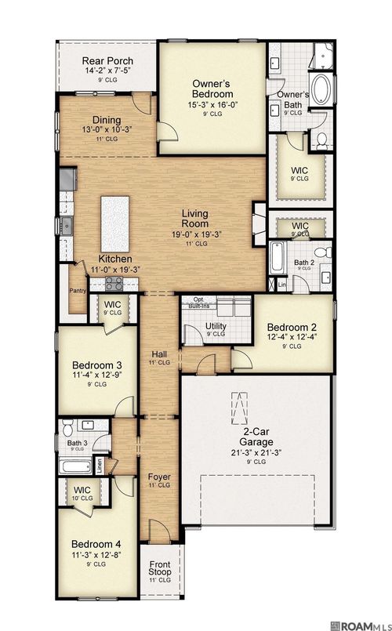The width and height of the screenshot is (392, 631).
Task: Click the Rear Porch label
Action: (109, 61)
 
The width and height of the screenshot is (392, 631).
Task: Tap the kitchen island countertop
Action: (114, 220)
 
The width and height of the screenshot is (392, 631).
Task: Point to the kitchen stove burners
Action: (113, 284)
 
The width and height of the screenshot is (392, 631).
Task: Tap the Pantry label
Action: (77, 290)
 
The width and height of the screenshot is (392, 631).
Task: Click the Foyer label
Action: (159, 477)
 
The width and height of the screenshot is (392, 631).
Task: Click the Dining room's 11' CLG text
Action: (107, 139)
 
